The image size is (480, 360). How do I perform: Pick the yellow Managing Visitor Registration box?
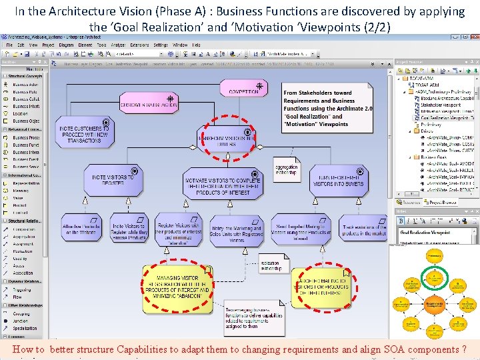tap(177, 287)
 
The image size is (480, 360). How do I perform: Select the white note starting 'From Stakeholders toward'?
tap(327, 109)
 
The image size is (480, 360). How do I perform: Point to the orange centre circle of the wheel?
tap(435, 305)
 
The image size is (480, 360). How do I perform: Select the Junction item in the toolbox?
tap(21, 321)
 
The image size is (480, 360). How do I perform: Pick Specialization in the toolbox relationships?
tap(25, 328)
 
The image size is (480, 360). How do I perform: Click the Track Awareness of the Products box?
tap(364, 230)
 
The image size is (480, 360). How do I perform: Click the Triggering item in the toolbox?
tap(21, 289)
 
